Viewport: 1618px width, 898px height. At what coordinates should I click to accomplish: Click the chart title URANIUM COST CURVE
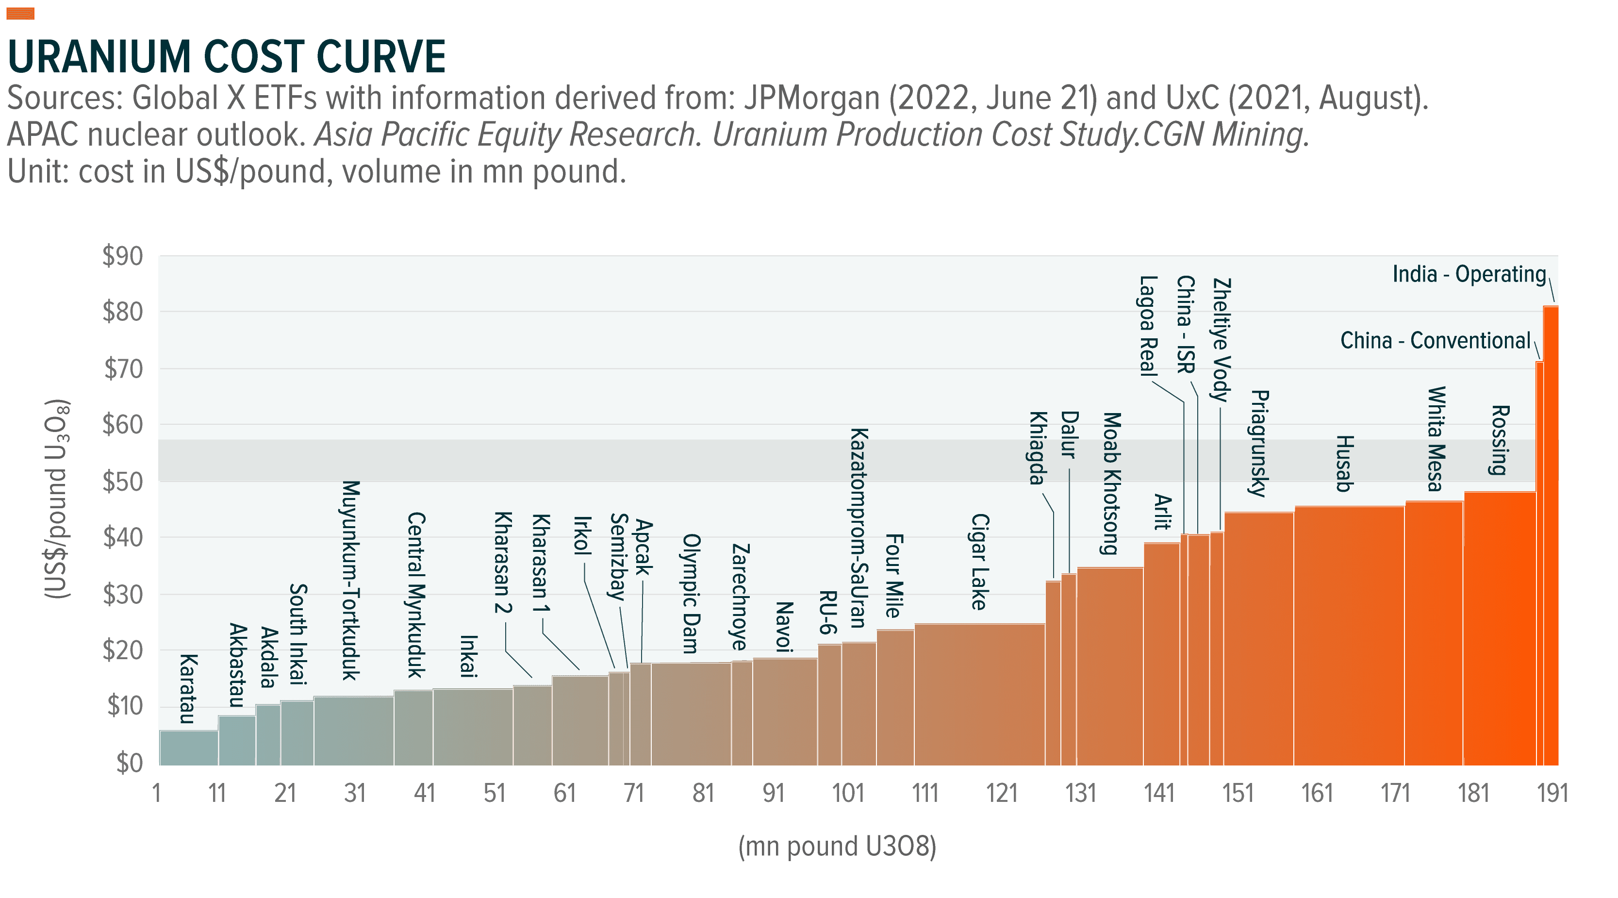227,57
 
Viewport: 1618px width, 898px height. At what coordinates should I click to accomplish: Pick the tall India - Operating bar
1551,534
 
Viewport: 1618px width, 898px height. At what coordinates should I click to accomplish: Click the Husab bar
1349,635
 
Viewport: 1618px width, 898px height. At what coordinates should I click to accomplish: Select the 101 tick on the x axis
849,794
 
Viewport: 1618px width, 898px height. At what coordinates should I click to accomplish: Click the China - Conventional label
1435,341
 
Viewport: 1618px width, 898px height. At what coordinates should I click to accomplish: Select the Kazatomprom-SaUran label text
858,528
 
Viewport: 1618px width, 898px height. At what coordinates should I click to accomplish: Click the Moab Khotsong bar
1109,666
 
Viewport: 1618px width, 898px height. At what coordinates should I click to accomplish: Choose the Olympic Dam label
691,594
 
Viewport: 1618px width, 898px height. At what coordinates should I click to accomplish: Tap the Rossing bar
1499,629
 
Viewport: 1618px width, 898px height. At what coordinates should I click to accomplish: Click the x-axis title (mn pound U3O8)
837,847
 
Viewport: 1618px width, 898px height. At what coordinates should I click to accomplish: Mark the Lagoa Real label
1148,326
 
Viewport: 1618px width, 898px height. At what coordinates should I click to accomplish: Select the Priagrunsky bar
1258,638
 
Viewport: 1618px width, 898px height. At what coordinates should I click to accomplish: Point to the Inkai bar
472,727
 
